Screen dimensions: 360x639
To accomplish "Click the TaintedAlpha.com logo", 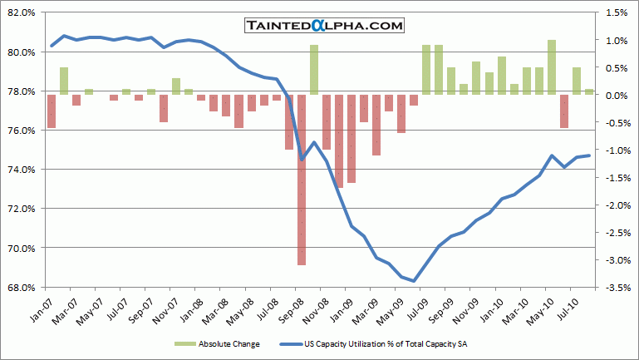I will click(x=324, y=27).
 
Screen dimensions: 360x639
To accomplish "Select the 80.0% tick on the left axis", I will click(x=21, y=52).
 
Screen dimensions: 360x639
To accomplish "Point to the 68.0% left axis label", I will click(x=21, y=288).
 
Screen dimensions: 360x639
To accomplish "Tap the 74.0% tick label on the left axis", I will click(x=21, y=170).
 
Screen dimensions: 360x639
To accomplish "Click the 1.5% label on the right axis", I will click(x=616, y=13).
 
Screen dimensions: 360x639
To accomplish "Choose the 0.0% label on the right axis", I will click(x=616, y=95).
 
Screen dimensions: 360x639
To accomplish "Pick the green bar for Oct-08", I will click(x=314, y=70).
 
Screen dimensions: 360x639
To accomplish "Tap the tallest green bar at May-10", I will click(x=552, y=67).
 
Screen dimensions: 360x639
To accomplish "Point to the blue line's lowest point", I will click(x=414, y=281).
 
